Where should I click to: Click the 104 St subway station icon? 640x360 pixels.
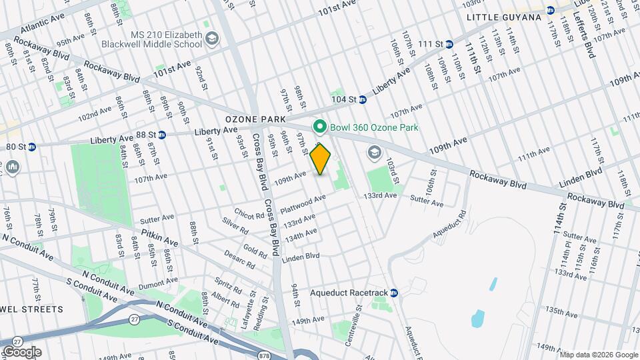[363, 100]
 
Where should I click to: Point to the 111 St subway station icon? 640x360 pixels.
[449, 44]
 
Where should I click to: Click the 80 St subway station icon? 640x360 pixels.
[31, 147]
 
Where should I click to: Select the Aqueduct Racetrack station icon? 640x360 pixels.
[393, 293]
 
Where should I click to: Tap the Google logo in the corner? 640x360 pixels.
[22, 352]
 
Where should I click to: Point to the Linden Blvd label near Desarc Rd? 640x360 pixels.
[301, 257]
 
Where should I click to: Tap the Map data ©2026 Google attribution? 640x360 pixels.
[599, 354]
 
